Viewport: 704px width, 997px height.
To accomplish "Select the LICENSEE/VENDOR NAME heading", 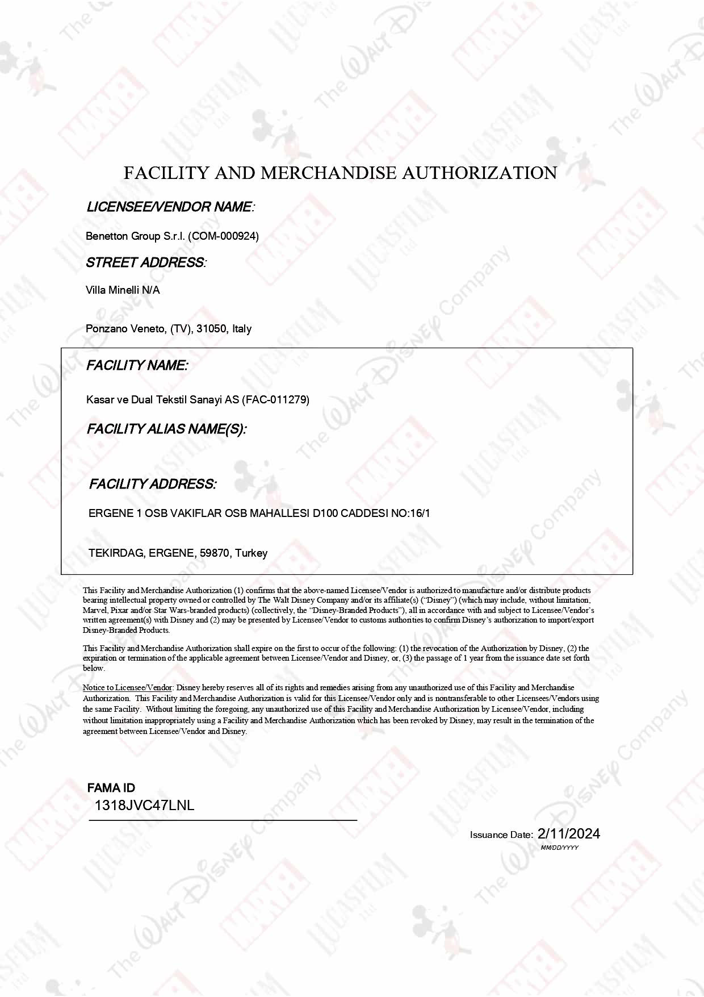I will click(170, 207).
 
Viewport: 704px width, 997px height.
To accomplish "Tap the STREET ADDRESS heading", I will click(145, 262).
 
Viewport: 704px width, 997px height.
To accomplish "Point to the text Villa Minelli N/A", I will click(123, 290).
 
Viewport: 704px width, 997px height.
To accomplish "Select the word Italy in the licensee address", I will click(242, 329).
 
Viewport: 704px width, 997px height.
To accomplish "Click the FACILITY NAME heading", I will click(137, 366).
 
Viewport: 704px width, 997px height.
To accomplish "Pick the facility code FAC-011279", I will click(276, 400).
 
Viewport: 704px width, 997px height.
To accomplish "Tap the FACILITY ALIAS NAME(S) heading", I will click(166, 429).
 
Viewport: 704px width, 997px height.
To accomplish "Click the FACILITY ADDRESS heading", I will click(152, 484).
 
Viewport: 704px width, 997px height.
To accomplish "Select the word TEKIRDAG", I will click(117, 553).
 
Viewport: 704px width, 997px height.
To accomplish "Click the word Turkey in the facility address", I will click(251, 553).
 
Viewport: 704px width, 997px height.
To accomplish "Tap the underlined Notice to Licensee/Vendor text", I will click(127, 687).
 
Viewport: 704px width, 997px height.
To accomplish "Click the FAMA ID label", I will click(111, 788).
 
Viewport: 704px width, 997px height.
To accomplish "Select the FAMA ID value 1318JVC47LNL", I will click(144, 805).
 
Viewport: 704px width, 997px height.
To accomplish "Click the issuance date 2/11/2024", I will click(568, 833).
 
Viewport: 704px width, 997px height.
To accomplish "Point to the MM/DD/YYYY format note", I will click(560, 848).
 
